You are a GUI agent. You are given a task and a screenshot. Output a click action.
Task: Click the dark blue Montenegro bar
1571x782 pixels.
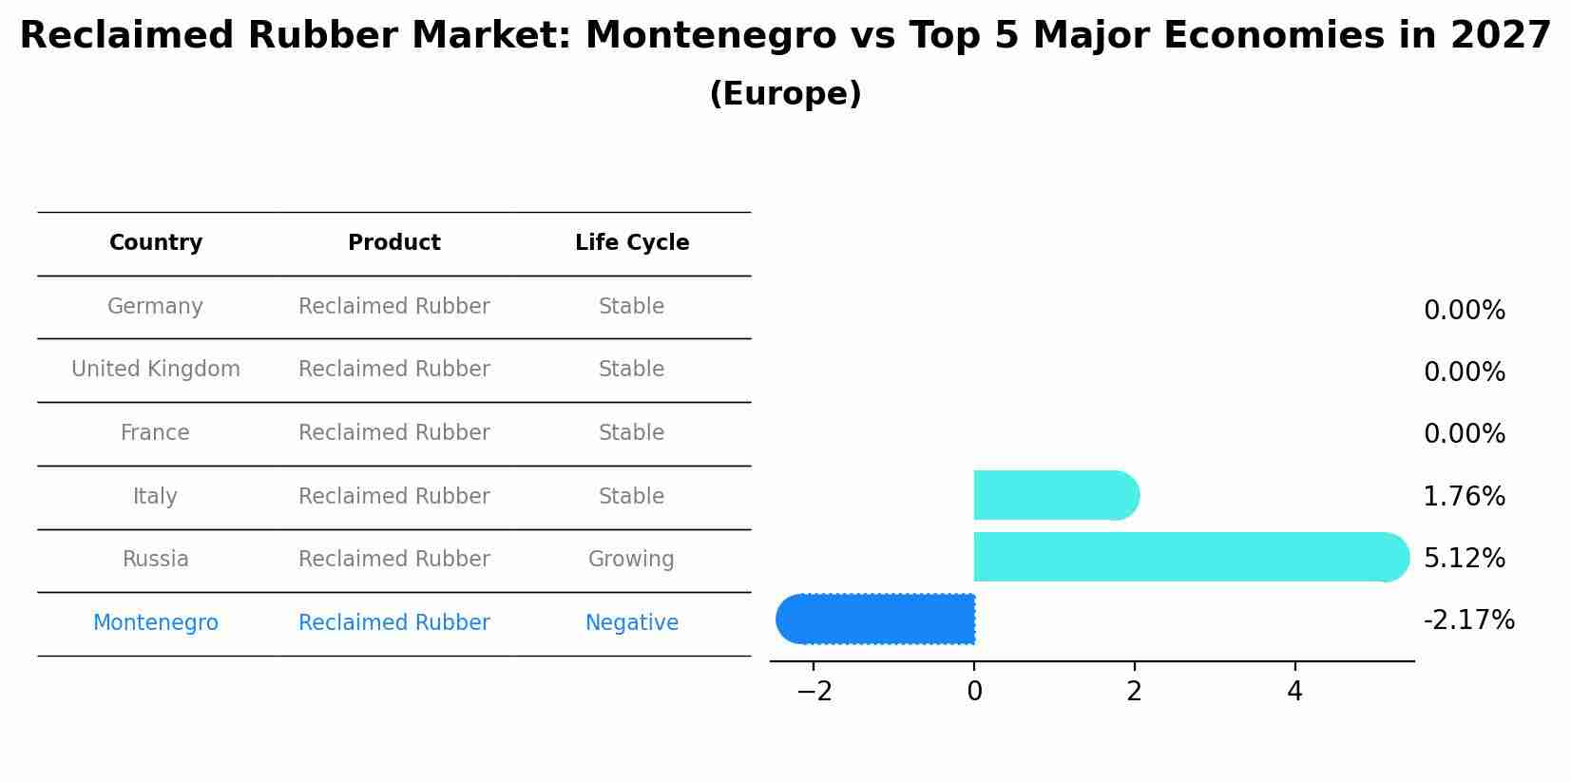(876, 620)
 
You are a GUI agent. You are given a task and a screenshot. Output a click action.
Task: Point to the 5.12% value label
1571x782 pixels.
(1464, 559)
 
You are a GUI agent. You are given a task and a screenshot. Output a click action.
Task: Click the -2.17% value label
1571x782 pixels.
(1468, 620)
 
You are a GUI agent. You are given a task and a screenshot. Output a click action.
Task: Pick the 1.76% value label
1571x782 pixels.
(1464, 496)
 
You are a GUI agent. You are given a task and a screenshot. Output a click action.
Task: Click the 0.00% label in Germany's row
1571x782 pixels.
(1464, 311)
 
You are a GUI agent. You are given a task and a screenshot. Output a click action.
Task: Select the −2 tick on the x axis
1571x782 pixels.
(814, 692)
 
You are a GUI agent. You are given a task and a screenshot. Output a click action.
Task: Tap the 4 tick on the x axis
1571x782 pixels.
(1294, 692)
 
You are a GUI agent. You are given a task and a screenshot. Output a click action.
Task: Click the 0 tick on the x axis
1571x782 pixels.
(974, 692)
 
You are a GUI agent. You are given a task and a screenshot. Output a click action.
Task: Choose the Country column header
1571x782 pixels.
(156, 243)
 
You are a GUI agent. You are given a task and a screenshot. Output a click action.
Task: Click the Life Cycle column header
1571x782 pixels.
(632, 243)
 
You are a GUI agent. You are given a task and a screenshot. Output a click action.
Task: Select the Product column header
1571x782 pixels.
(394, 243)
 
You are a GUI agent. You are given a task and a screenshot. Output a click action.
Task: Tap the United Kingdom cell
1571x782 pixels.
(156, 370)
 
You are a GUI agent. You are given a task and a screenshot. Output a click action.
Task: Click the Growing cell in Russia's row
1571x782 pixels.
(631, 560)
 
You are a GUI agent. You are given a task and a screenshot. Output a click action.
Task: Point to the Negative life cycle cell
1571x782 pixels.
(632, 623)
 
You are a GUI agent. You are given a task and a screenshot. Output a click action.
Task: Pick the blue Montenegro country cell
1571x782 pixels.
(156, 623)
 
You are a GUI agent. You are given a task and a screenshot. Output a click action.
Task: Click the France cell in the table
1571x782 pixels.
(155, 433)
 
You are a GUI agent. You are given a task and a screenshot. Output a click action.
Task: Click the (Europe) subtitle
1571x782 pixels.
(785, 94)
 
